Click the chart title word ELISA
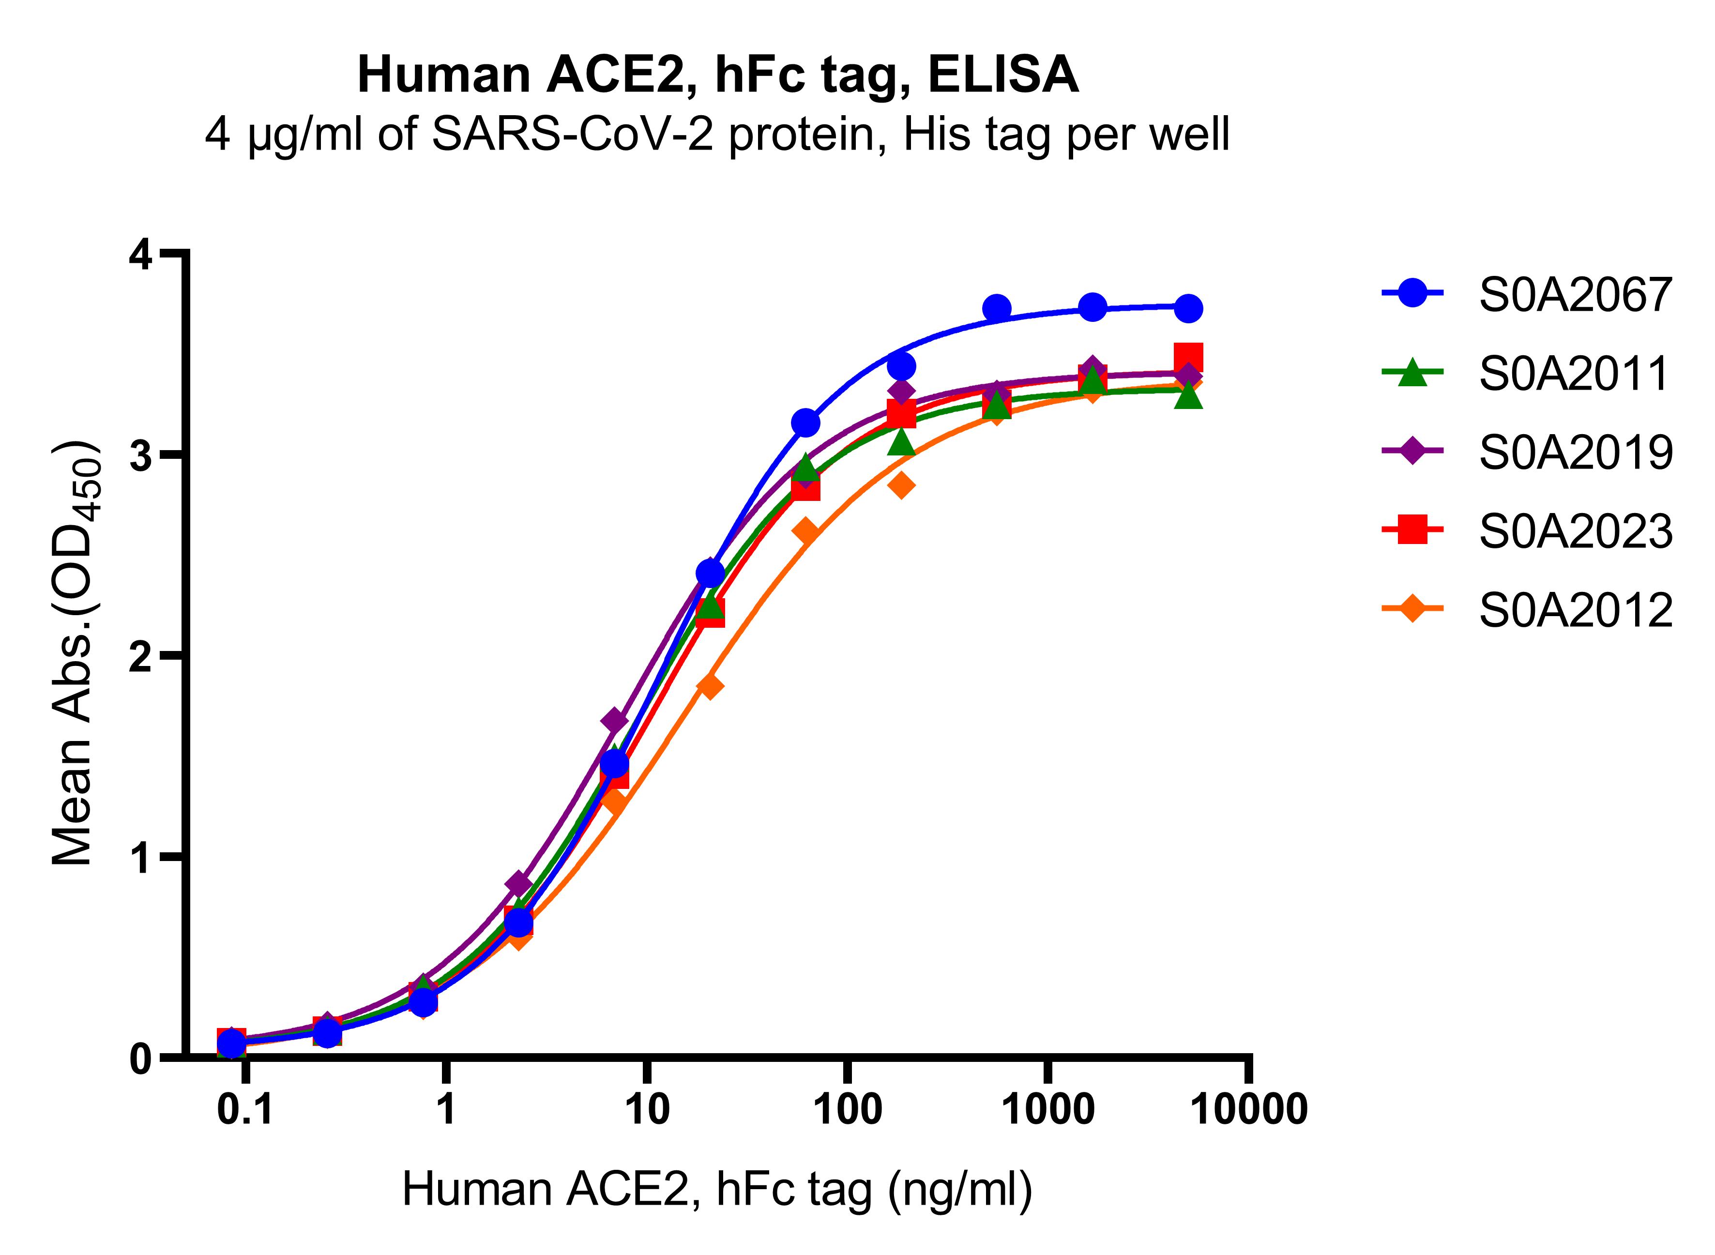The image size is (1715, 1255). pyautogui.click(x=1002, y=75)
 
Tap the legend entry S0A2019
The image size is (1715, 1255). pyautogui.click(x=1575, y=453)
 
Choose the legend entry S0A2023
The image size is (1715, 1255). pyautogui.click(x=1575, y=532)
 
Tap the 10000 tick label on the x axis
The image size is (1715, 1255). pyautogui.click(x=1248, y=1110)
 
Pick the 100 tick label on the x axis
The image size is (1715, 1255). pyautogui.click(x=847, y=1110)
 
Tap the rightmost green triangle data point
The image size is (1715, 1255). pyautogui.click(x=1188, y=396)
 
